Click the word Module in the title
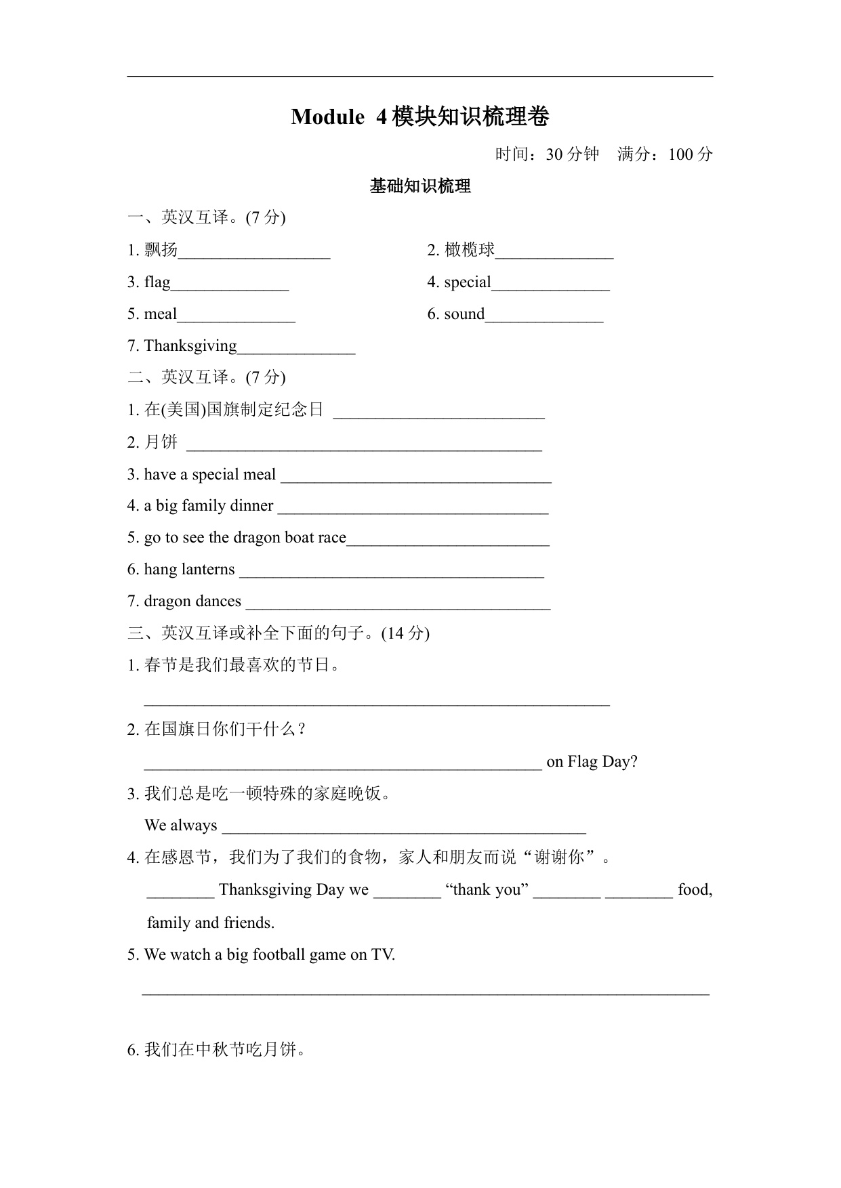(x=327, y=117)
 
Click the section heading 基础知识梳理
(x=420, y=186)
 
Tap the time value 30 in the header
(x=554, y=154)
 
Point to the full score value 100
(x=681, y=154)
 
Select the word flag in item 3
(x=157, y=282)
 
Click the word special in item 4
(x=468, y=282)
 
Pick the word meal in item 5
(x=161, y=314)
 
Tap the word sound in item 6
(x=464, y=314)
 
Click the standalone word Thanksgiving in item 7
(x=190, y=345)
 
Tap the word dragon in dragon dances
(x=166, y=601)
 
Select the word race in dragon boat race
(x=331, y=537)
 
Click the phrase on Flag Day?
(x=592, y=761)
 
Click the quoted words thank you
(x=487, y=889)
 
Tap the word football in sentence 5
(x=279, y=954)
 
